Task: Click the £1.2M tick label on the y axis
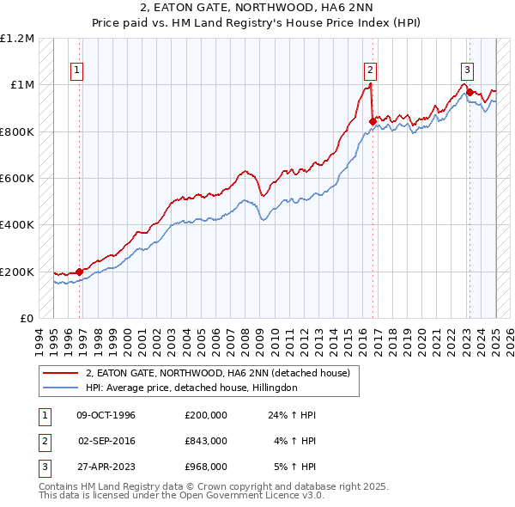(17, 39)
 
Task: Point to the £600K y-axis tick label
(17, 179)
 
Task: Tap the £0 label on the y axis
(26, 319)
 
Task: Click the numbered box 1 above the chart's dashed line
(77, 71)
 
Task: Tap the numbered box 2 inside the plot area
(370, 71)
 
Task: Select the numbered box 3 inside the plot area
(467, 71)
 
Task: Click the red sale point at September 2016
(373, 122)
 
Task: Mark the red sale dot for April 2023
(470, 93)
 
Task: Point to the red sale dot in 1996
(79, 272)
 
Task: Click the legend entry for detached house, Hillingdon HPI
(191, 388)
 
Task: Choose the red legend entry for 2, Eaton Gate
(217, 373)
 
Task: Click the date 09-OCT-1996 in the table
(106, 415)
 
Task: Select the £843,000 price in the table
(206, 441)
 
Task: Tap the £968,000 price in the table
(206, 467)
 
